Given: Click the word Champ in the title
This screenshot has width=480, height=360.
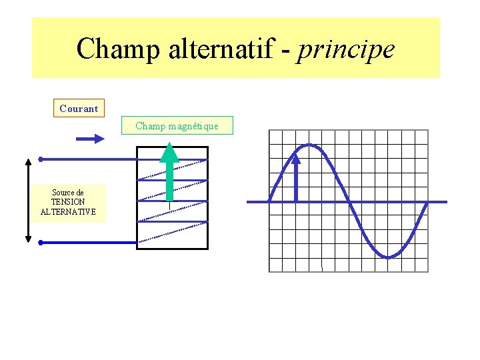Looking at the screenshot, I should [115, 49].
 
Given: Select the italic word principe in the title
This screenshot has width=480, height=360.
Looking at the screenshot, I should [347, 49].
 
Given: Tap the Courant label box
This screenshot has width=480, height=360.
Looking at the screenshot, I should [79, 108].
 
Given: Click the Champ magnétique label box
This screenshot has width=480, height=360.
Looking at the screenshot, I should [177, 125].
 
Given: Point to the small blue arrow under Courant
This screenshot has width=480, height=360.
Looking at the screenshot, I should [90, 139].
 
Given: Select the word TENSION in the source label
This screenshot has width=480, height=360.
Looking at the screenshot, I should [68, 202].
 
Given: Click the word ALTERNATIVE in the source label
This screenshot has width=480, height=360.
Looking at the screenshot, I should [68, 212].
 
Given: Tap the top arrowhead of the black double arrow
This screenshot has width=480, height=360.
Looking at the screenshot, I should [28, 162].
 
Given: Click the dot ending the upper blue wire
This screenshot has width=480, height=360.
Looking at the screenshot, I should [41, 159].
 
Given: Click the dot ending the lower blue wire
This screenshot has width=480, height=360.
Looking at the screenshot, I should [41, 243].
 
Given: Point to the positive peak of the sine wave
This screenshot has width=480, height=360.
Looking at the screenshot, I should [309, 145].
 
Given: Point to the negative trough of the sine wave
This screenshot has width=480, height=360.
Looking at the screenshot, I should [388, 257].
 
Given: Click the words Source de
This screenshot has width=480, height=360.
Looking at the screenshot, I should [68, 193].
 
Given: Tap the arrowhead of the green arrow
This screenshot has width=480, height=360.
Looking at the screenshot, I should [170, 152].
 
